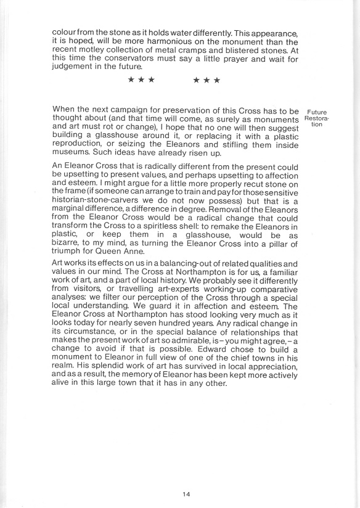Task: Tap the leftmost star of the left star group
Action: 131,80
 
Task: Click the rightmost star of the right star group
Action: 217,80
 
